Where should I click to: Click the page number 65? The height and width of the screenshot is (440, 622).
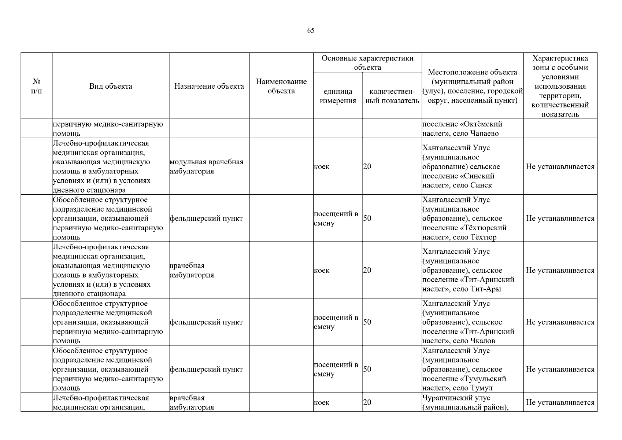[x=311, y=30]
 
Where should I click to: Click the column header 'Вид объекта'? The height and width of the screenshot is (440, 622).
[x=111, y=86]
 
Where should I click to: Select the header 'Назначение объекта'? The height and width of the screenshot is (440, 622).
[x=209, y=86]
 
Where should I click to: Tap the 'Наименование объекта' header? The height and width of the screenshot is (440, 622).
[x=281, y=86]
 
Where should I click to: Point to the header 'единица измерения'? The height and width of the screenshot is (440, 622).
[x=338, y=96]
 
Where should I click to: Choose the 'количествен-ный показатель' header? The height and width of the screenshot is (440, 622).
[x=392, y=96]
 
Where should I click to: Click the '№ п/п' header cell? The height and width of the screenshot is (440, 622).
[x=37, y=86]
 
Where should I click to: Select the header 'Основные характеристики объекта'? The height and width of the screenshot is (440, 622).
[x=367, y=63]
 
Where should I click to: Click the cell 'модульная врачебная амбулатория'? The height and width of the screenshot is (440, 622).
[x=207, y=166]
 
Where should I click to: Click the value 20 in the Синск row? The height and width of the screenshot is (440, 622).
[x=367, y=166]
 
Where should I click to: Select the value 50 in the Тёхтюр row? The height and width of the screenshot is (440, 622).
[x=367, y=219]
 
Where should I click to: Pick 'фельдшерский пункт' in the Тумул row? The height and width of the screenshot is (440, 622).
[x=206, y=369]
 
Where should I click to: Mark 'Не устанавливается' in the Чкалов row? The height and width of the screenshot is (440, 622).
[x=560, y=322]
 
